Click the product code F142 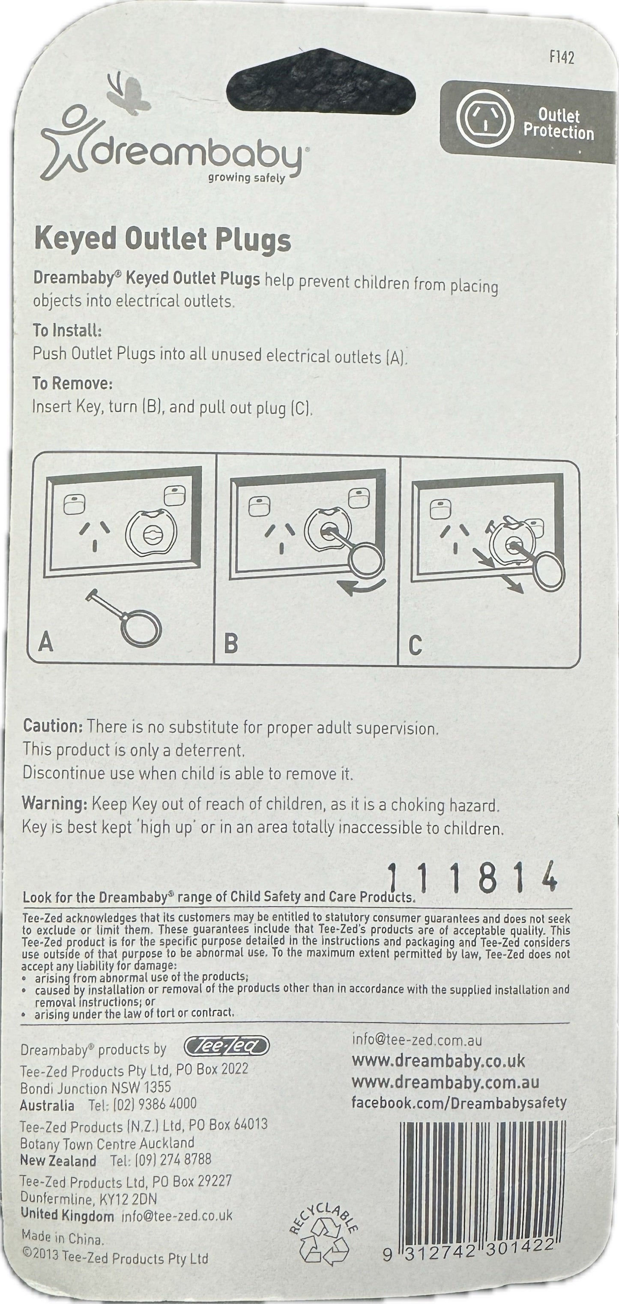tap(562, 57)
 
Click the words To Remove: tap(72, 384)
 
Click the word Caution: tap(52, 726)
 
